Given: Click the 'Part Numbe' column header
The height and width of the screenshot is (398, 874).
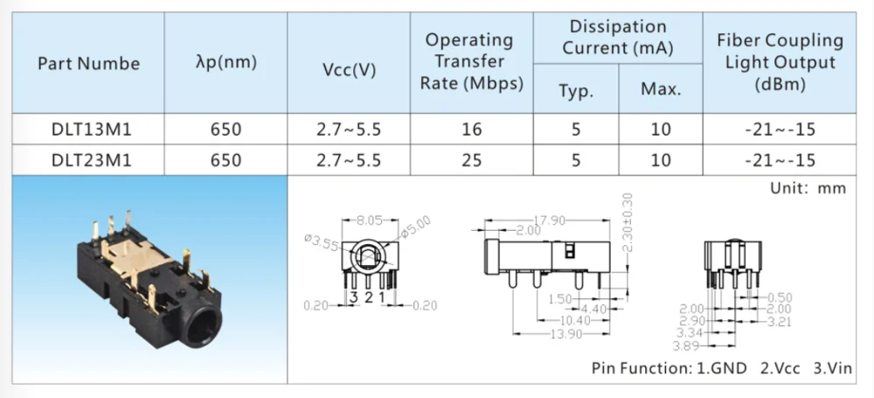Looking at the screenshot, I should coord(88,64).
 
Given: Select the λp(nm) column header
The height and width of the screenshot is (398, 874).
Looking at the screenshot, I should coord(225,63).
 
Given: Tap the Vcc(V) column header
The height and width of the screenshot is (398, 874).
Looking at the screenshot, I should coord(349,69).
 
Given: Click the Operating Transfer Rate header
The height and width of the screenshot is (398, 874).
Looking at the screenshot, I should coord(469,61).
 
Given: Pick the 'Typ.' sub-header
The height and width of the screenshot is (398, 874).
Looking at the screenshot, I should coord(575,90).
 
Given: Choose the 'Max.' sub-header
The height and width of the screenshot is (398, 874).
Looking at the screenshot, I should coord(661,90).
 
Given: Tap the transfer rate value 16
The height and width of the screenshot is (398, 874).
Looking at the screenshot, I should coord(471,129).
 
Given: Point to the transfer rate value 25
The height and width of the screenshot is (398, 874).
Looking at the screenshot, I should coord(471,159).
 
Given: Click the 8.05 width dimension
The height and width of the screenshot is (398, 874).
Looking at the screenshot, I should coord(371,220).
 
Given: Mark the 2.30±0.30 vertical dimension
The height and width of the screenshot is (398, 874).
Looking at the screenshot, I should coord(626,223).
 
